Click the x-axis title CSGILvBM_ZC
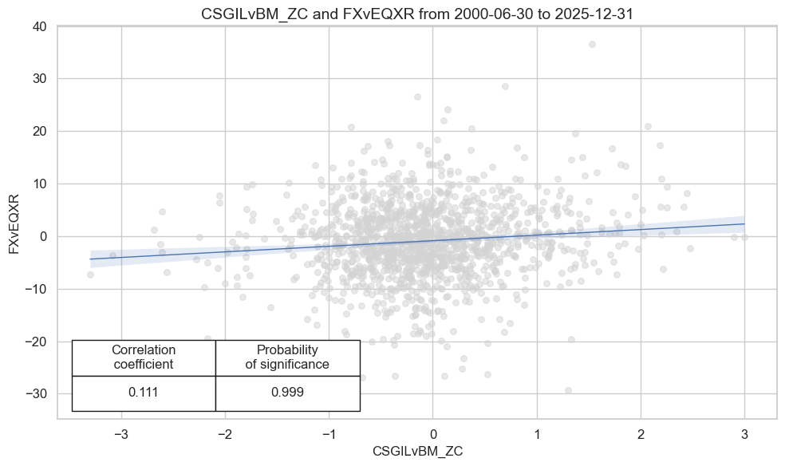coord(417,451)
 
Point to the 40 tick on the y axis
coord(39,26)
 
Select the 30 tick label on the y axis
coord(39,79)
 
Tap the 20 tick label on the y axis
coord(39,131)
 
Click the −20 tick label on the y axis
coord(36,342)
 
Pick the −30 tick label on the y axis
coord(36,394)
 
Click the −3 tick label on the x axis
coord(120,435)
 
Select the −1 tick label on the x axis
coord(329,435)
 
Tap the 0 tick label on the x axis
coord(432,435)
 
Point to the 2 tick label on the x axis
coord(641,435)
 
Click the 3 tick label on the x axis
coord(744,435)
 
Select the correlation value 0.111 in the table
coord(144,393)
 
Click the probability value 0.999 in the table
coord(287,393)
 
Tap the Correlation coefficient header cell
coord(144,357)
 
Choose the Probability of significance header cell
coord(287,357)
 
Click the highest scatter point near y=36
coord(592,44)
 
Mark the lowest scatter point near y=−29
coord(568,390)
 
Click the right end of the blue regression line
coord(744,223)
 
